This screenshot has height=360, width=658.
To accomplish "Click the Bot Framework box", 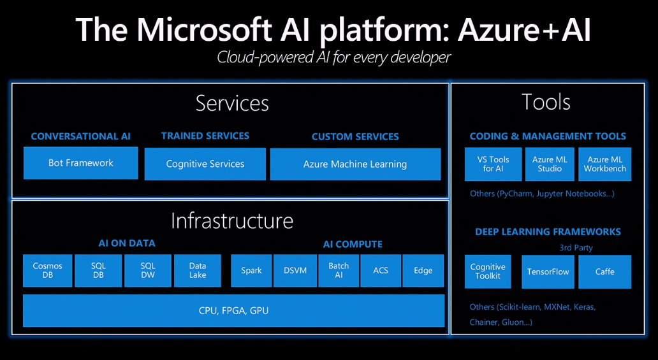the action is [80, 163].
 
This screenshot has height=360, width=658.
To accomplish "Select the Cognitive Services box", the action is [205, 164].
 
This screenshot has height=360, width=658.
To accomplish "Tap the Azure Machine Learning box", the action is [355, 164].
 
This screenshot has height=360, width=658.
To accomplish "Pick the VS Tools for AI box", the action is [493, 164].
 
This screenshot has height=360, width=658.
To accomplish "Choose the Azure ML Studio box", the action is [550, 164].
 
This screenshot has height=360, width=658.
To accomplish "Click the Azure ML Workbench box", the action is [604, 164].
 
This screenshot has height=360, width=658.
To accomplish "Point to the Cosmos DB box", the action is [47, 271].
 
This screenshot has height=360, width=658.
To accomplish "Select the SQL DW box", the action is [148, 271].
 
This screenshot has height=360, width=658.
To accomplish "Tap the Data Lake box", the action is [198, 271].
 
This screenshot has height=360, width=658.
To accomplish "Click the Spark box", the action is [251, 271].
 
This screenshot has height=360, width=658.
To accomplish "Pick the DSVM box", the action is [295, 271].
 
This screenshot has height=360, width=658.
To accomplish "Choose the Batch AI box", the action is [339, 271].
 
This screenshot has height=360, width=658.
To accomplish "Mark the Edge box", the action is [423, 271].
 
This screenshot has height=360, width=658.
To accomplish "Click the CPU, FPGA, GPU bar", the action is [234, 310].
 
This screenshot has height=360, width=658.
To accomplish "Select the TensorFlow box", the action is [548, 272].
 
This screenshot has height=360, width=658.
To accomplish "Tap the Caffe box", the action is [604, 272].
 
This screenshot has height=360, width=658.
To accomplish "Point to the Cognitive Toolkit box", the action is [488, 271].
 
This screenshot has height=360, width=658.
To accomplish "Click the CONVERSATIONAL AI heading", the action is [80, 136].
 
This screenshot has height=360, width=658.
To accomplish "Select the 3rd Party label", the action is [576, 248].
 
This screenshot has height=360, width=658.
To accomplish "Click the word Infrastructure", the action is [232, 220].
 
